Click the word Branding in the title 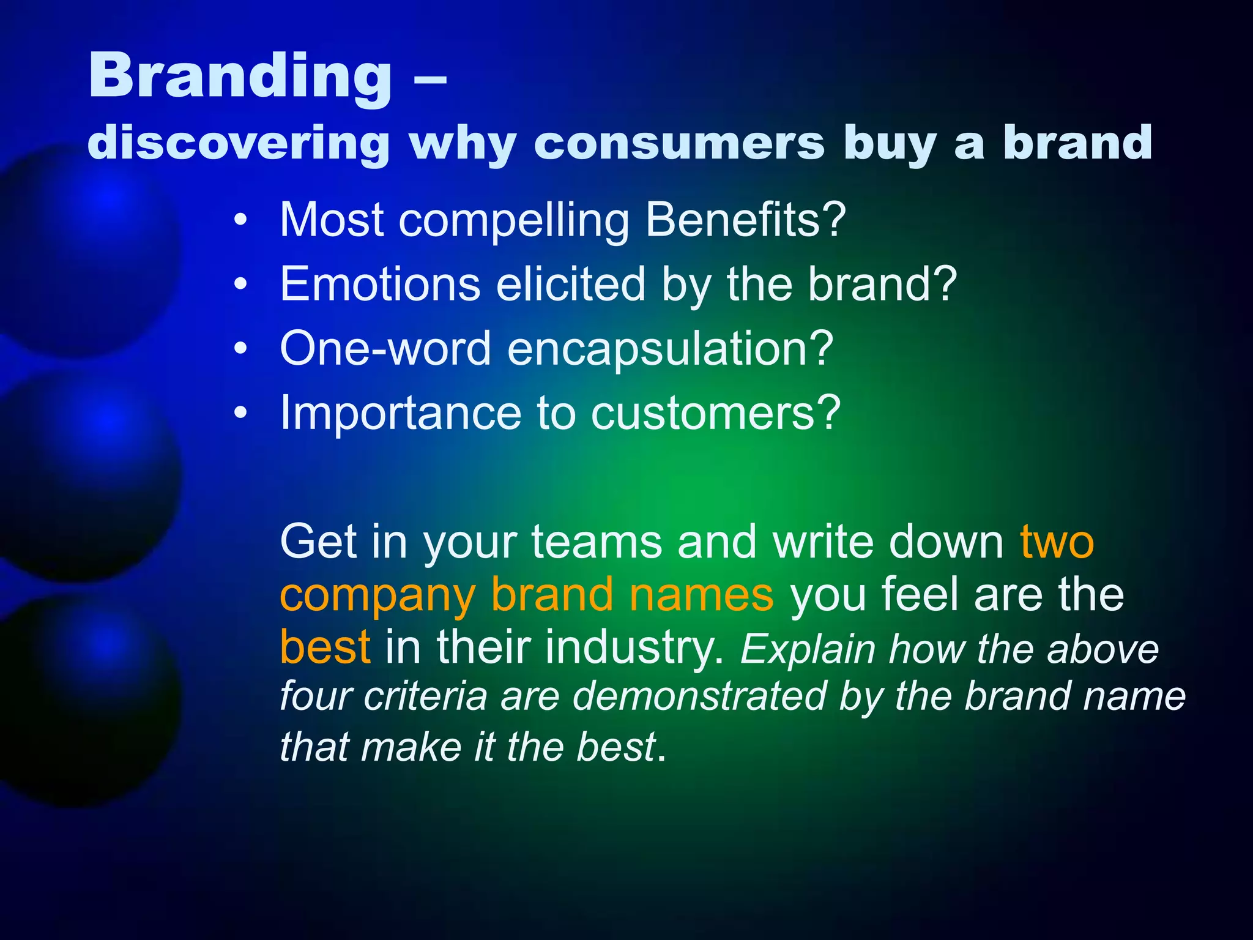point(240,76)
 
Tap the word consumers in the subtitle point(679,143)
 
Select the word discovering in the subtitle point(239,143)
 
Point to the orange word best point(325,647)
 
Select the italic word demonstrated point(699,696)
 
